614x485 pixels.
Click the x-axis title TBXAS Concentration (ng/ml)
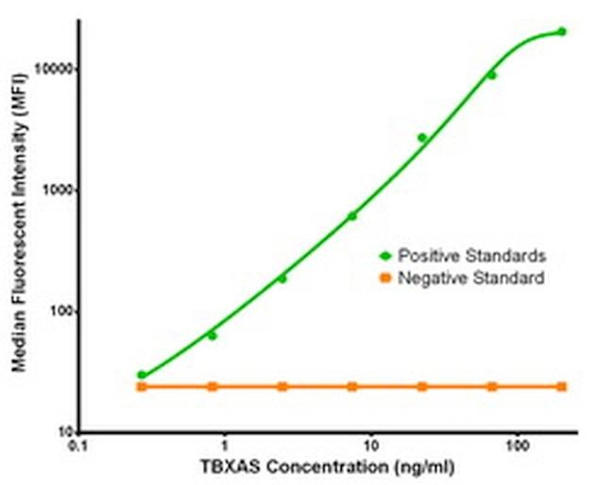(x=318, y=468)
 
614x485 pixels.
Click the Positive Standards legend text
(x=471, y=256)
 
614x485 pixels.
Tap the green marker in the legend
(x=384, y=256)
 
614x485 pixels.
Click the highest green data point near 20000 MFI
(x=562, y=31)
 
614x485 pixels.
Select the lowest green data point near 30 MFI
(x=142, y=375)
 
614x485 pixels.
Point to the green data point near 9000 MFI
(x=491, y=75)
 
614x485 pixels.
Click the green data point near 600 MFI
(x=352, y=216)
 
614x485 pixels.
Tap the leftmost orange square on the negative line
(x=142, y=387)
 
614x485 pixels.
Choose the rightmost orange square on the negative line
(x=562, y=387)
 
